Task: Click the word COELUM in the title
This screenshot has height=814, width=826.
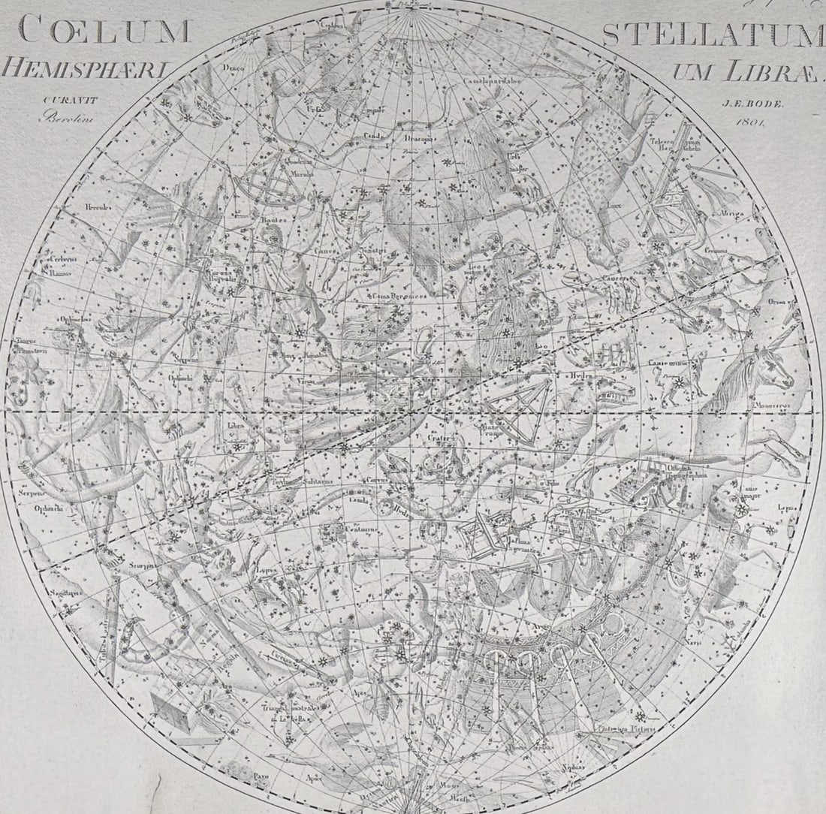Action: tap(104, 31)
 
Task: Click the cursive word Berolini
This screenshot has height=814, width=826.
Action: tap(65, 116)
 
